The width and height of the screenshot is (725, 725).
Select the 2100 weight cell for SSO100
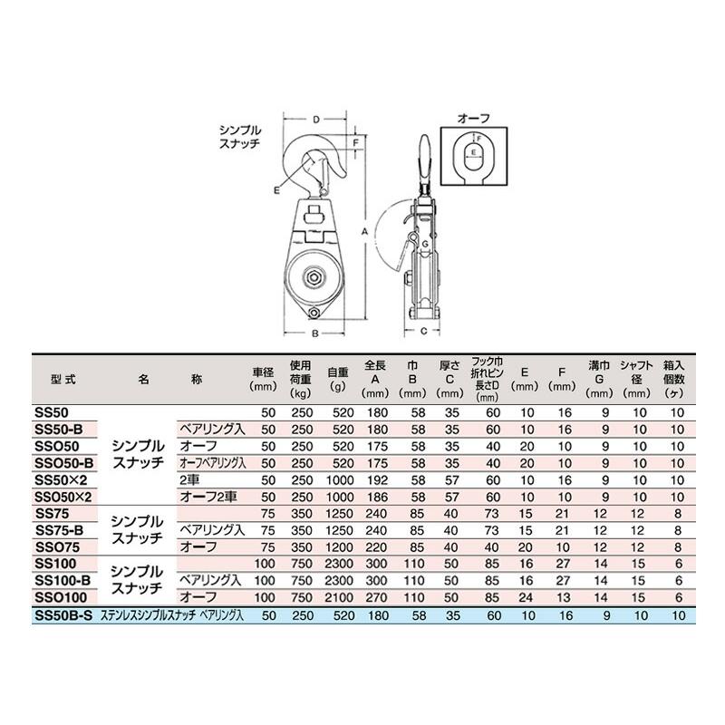point(337,599)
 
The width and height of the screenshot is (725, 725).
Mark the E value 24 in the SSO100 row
point(524,599)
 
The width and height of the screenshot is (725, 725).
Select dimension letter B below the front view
point(314,333)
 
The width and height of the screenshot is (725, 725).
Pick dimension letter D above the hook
point(314,120)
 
